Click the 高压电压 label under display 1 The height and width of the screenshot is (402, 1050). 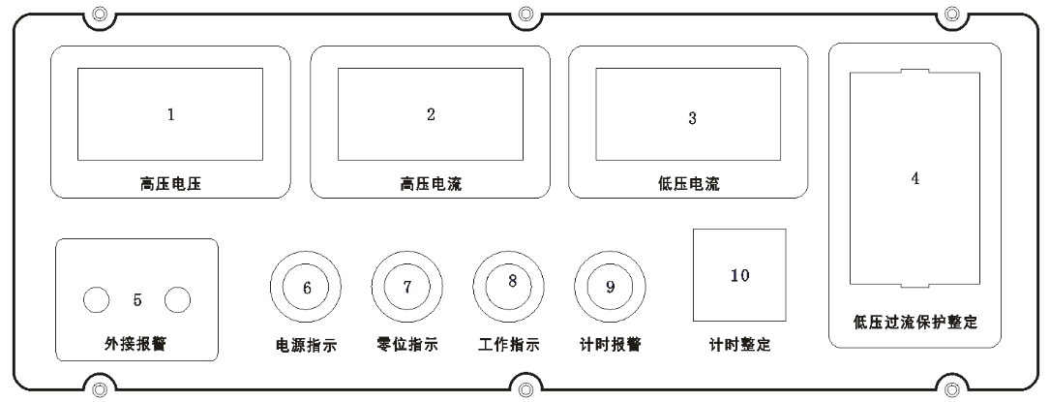pos(170,184)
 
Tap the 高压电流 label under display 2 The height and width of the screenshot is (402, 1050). pos(431,184)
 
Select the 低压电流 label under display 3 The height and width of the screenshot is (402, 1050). pos(689,184)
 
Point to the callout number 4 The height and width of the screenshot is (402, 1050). pos(915,179)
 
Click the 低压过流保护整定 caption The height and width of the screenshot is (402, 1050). pos(915,323)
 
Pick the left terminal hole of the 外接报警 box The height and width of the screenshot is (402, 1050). pos(96,301)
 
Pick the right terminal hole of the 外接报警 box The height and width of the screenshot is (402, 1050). pos(177,301)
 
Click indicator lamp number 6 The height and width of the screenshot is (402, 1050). pos(306,287)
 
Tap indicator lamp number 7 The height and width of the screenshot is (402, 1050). pos(407,287)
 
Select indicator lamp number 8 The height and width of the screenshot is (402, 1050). pos(509,287)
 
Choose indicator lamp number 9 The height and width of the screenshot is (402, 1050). pos(610,287)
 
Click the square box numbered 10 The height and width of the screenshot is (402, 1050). pos(739,275)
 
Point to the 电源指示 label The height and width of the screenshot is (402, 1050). pos(306,346)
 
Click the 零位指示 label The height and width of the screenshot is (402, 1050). pos(407,345)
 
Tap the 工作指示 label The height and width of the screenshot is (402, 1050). pos(509,345)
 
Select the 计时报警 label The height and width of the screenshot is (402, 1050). pos(610,345)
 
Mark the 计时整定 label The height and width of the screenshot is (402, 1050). pos(740,345)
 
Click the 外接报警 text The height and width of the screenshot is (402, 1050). pos(135,345)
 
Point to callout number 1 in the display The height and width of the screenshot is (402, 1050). pos(170,114)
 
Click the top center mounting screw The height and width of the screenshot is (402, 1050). pos(525,14)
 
